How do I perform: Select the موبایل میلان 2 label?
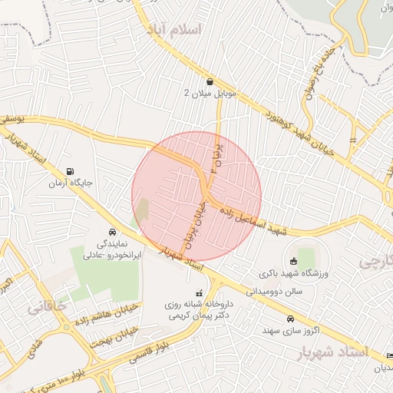click(211, 93)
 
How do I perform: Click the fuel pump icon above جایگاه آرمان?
click(71, 171)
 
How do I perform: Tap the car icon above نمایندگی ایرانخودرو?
click(112, 232)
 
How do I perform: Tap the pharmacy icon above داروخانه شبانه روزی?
click(200, 292)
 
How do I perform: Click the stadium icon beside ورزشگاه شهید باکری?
click(292, 262)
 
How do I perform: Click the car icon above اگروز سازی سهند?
click(289, 319)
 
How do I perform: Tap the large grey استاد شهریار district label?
click(332, 352)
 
